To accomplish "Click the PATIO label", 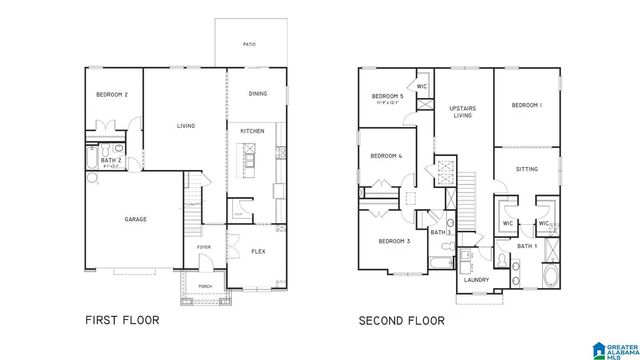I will [x=249, y=44].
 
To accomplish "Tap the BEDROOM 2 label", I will [x=111, y=94].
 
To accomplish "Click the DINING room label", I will [x=257, y=94].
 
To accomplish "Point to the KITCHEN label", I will [x=251, y=130].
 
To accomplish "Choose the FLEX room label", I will [x=257, y=251].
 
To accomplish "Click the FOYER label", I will [x=203, y=246].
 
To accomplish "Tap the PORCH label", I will [x=204, y=286].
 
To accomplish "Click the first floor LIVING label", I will [x=186, y=126].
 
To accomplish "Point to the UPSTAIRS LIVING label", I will [x=461, y=111].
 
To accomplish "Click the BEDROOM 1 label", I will [x=526, y=105].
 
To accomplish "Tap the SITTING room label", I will [x=526, y=169].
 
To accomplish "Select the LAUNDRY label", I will [x=476, y=279].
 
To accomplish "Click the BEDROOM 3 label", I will [x=394, y=241].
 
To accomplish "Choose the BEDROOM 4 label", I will [x=386, y=156].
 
